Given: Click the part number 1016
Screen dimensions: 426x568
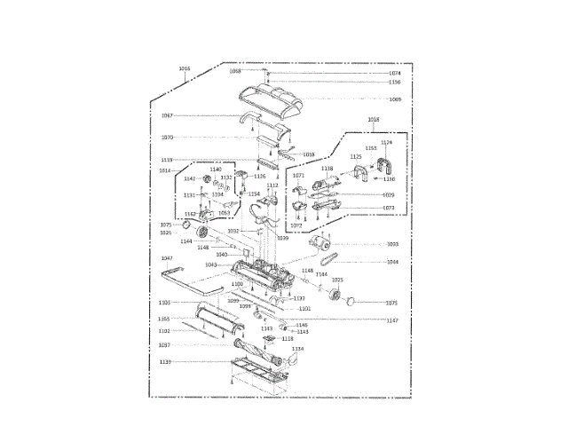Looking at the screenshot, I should click(x=185, y=68).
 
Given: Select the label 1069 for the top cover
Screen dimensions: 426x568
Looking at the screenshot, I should click(x=395, y=99).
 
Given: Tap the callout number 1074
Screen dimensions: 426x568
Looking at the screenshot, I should click(x=395, y=74).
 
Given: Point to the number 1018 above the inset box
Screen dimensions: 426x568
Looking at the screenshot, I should click(x=373, y=118).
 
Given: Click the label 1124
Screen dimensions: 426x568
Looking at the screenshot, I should click(x=386, y=143).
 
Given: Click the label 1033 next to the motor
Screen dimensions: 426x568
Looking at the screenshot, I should click(x=392, y=243).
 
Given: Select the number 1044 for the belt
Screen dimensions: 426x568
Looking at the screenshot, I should click(x=392, y=262).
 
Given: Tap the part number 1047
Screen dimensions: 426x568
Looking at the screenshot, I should click(x=166, y=258).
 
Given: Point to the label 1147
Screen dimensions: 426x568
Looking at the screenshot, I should click(x=392, y=319).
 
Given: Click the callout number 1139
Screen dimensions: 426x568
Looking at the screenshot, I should click(x=165, y=362).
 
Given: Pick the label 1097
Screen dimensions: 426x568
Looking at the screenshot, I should click(x=164, y=345).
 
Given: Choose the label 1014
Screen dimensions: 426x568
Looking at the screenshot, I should click(x=165, y=170).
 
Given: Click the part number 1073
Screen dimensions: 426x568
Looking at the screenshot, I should click(x=389, y=208).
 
